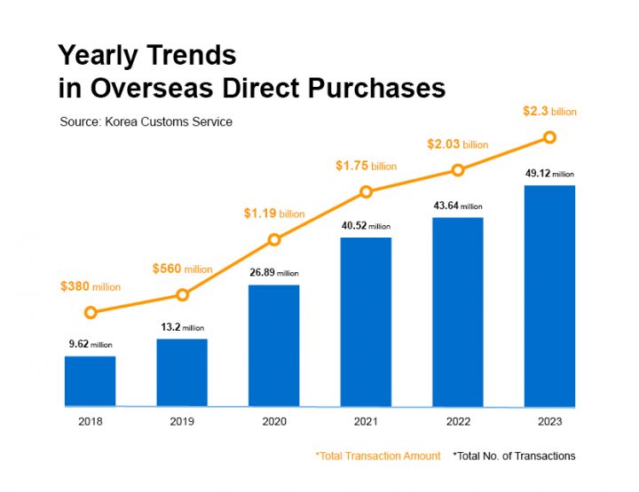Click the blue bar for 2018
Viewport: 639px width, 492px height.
pos(90,381)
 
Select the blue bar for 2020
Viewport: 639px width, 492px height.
pos(273,346)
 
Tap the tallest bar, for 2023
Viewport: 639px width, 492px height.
pos(549,296)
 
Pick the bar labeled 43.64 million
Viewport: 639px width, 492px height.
pos(458,312)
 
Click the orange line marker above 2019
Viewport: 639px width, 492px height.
pos(182,294)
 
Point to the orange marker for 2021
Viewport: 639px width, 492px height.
pos(366,191)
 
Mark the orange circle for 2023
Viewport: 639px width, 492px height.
pos(549,137)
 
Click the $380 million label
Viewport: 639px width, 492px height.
pos(90,286)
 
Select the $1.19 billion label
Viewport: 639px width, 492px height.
pos(273,214)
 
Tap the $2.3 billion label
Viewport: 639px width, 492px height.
pos(549,112)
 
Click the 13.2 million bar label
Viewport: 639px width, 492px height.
pos(182,327)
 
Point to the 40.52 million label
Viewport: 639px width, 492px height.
pos(366,226)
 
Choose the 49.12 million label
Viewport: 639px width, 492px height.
pos(549,174)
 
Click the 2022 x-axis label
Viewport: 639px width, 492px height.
pos(458,421)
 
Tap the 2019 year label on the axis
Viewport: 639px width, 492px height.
pos(182,421)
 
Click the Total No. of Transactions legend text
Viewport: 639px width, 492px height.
pos(514,456)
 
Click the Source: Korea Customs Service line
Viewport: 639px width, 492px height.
pos(146,121)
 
